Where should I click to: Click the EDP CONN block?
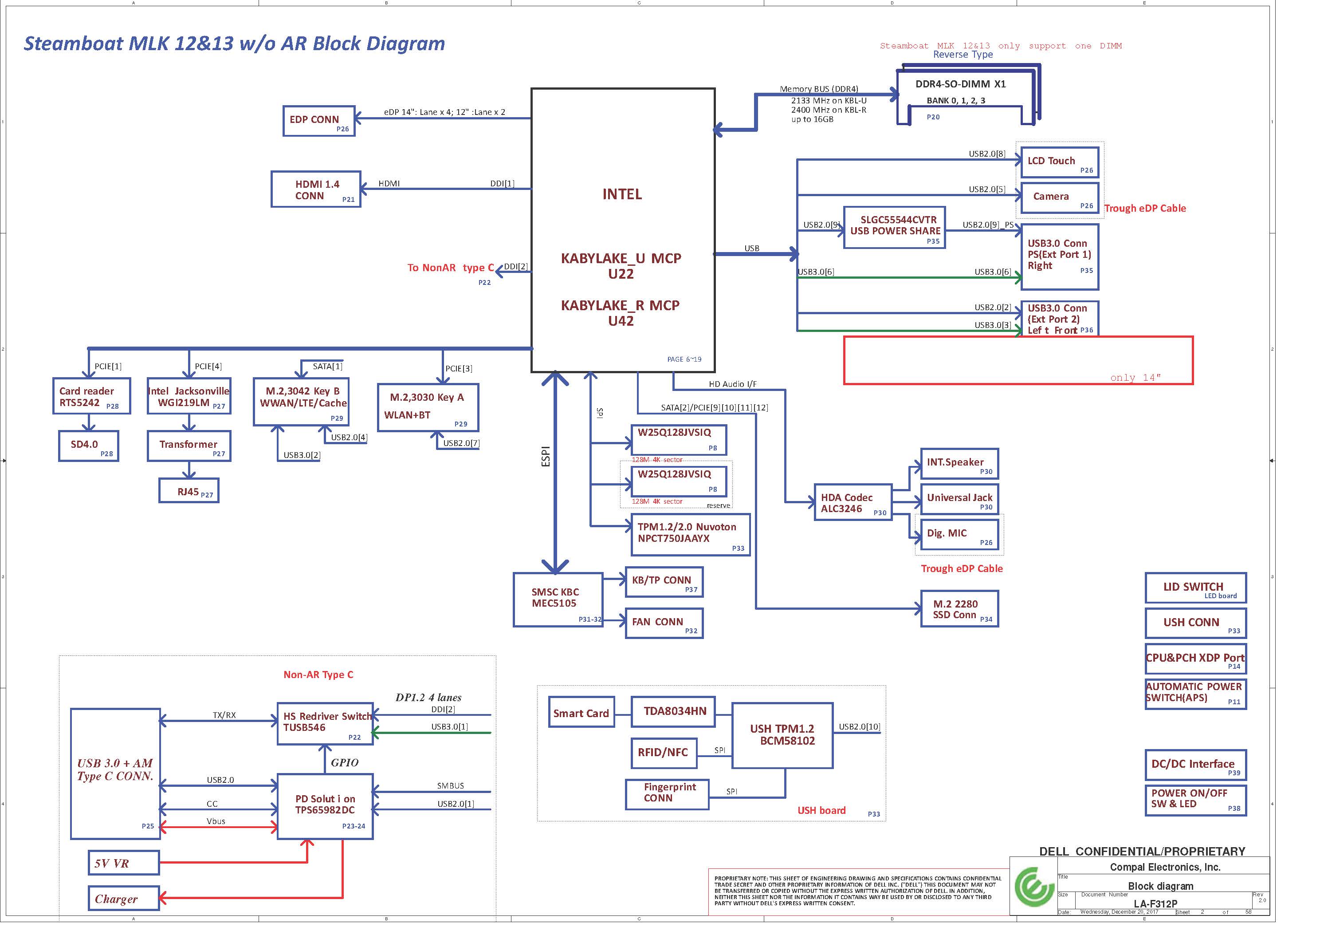point(319,121)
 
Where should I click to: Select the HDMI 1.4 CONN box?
point(316,189)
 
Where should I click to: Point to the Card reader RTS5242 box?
point(91,396)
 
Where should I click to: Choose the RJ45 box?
point(189,491)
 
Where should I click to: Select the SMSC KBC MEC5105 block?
point(558,600)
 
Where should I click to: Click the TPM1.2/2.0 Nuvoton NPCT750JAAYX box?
point(691,535)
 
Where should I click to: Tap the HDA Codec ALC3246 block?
point(853,502)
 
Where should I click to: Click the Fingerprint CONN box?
point(667,794)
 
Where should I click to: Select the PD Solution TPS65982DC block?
point(325,806)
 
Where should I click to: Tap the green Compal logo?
point(1033,886)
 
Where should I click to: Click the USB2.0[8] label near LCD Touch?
point(987,154)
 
